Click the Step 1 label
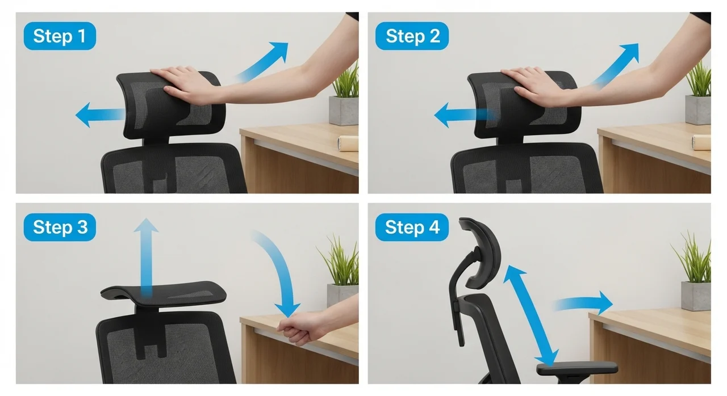60,36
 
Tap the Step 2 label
412,36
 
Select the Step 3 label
60,227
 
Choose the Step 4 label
412,227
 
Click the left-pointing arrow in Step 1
100,115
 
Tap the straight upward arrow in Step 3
147,258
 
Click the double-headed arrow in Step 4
531,316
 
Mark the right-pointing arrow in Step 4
583,303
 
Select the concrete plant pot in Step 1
344,111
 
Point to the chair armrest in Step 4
577,369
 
